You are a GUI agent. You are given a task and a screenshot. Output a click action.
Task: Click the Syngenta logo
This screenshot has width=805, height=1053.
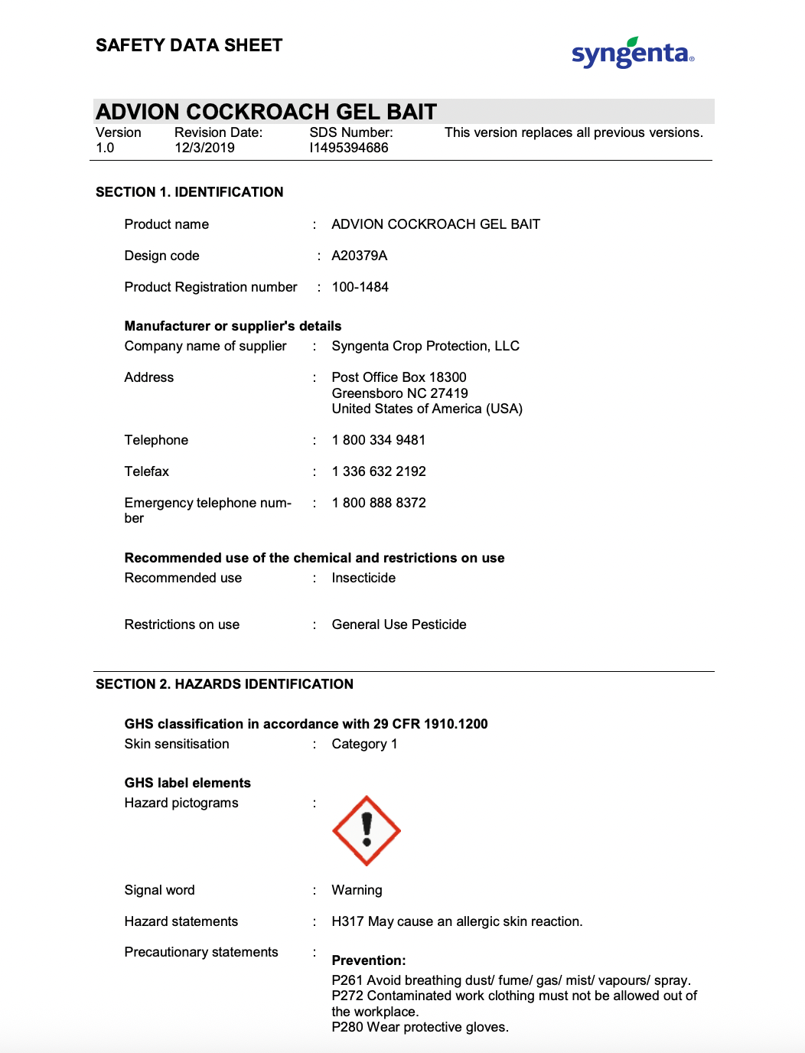(x=632, y=53)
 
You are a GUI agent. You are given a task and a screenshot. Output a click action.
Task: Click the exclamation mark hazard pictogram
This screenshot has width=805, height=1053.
(x=367, y=831)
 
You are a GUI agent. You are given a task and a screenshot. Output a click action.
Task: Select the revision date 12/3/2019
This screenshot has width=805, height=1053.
(x=204, y=148)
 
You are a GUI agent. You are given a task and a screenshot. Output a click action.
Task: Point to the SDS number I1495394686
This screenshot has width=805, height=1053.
(x=349, y=148)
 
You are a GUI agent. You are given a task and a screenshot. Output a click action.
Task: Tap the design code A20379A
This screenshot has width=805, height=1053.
(x=360, y=256)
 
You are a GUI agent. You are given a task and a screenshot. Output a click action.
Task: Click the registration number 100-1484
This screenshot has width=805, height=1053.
(x=360, y=287)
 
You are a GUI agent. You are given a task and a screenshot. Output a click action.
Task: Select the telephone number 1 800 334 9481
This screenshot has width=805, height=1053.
(x=379, y=440)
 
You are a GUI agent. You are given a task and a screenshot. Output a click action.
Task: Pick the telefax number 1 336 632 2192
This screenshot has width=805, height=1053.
(x=379, y=471)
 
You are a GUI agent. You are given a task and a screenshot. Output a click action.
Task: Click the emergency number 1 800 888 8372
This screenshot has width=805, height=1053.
(x=379, y=503)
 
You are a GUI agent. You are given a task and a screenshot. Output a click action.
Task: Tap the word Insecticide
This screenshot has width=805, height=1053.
(x=363, y=578)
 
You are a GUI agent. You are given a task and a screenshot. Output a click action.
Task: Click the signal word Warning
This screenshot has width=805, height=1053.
(x=357, y=890)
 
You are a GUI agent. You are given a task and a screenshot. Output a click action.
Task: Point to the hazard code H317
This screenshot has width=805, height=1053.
(x=347, y=921)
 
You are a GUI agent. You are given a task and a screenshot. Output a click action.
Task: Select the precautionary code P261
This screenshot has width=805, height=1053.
(x=347, y=980)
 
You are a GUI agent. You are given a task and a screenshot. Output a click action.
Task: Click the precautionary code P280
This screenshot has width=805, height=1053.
(x=347, y=1027)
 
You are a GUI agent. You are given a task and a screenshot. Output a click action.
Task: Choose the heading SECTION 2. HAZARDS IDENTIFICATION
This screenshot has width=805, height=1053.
(x=224, y=684)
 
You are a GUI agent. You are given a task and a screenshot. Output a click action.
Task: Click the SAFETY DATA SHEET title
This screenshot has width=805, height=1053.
(x=189, y=45)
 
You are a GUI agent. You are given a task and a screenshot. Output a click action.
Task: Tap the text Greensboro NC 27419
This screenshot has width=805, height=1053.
(x=399, y=393)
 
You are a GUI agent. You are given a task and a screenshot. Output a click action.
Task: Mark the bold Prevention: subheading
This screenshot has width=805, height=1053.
(x=369, y=960)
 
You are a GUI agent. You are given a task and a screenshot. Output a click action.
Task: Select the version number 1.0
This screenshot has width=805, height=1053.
(x=105, y=148)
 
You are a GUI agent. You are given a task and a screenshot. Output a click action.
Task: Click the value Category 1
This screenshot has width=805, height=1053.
(x=364, y=744)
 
